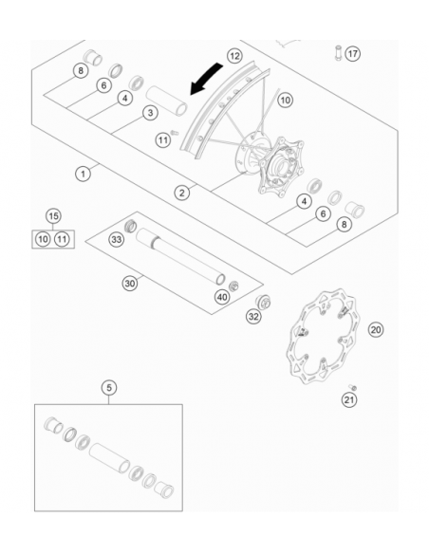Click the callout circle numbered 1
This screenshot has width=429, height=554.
coord(84,174)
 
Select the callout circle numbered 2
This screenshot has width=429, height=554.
coord(180,193)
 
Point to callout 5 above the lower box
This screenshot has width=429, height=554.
coord(109,387)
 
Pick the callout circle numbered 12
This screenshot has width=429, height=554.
coord(234,57)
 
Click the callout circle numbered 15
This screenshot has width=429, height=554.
coord(53,216)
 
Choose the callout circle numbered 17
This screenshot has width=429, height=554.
coord(353,53)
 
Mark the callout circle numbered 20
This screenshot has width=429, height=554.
coord(376,329)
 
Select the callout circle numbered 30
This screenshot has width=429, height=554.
coord(131,283)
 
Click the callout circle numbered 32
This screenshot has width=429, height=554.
coord(253,316)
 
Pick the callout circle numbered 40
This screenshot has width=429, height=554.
coord(222,296)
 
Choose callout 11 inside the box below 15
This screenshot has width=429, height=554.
coord(62,239)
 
